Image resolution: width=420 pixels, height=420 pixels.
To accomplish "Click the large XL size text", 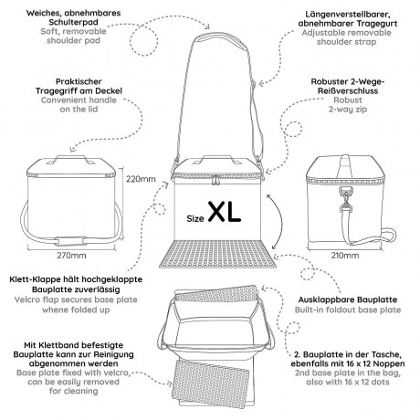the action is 225,212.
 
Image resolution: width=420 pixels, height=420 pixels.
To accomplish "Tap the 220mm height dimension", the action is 141,179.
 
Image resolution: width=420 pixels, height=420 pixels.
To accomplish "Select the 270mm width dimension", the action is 71,256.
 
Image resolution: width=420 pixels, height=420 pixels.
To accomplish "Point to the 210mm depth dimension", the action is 345,256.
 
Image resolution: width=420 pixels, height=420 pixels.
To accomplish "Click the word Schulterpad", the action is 73,22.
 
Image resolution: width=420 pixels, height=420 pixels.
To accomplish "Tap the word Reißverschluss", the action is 348,90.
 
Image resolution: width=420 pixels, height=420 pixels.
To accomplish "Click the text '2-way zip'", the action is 348,110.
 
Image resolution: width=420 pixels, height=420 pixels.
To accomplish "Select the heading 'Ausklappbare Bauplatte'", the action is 348,299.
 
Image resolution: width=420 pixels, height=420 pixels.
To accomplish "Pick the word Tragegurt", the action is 377,24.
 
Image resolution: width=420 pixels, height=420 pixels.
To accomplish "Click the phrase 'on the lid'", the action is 79,110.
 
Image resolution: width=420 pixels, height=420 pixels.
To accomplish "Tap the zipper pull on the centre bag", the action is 215,180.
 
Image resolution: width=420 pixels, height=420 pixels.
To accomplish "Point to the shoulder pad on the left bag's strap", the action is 68,241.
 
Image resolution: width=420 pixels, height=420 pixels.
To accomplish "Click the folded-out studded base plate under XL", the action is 217,254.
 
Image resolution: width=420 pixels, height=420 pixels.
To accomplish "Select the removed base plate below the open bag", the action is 211,382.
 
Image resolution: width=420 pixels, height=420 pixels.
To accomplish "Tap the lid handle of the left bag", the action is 71,159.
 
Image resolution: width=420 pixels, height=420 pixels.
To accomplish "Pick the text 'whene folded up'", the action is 76,310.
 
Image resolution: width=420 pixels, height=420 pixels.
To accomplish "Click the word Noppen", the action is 388,363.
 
